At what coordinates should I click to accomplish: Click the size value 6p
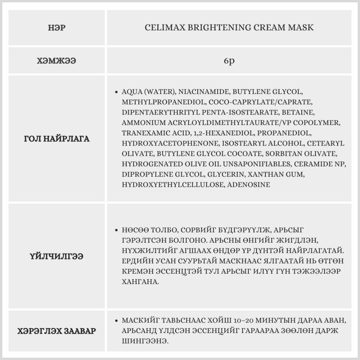pyautogui.click(x=229, y=61)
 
